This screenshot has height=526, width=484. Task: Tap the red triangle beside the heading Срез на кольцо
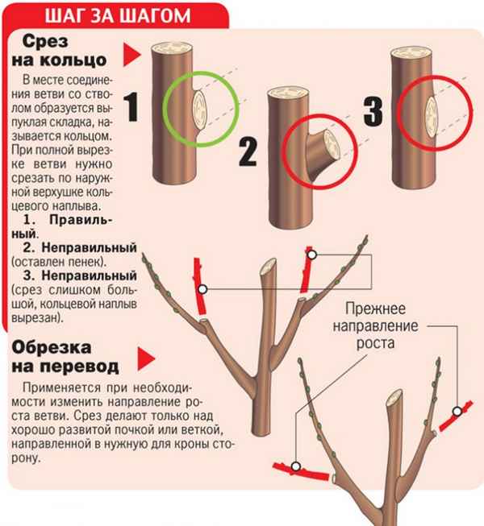(127, 55)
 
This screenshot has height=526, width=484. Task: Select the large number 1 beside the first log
(135, 110)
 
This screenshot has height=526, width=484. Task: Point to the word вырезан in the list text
(38, 318)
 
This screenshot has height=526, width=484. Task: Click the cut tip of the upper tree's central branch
(269, 266)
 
